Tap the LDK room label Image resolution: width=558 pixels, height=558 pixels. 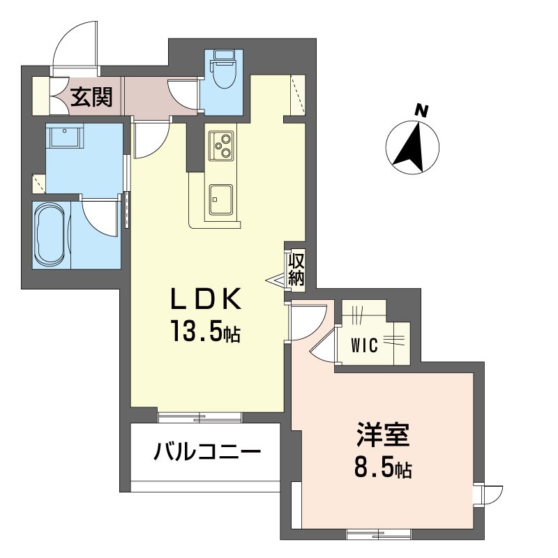click(x=206, y=299)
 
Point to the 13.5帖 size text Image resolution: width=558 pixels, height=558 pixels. click(x=206, y=331)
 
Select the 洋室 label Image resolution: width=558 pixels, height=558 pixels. click(x=383, y=435)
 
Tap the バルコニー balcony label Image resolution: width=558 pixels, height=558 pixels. click(x=207, y=452)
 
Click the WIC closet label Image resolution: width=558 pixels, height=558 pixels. click(x=364, y=345)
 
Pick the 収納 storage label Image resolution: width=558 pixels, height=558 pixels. click(x=296, y=270)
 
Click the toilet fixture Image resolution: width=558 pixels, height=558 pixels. click(x=223, y=69)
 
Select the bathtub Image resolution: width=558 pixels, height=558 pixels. click(x=50, y=235)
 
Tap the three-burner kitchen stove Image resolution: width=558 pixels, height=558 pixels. click(x=221, y=146)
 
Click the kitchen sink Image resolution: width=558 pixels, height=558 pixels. click(x=221, y=199)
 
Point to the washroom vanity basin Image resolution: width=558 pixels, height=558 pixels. click(x=64, y=135)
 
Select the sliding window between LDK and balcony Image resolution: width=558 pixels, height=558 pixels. click(x=199, y=417)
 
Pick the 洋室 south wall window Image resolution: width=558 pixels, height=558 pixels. click(x=379, y=534)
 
